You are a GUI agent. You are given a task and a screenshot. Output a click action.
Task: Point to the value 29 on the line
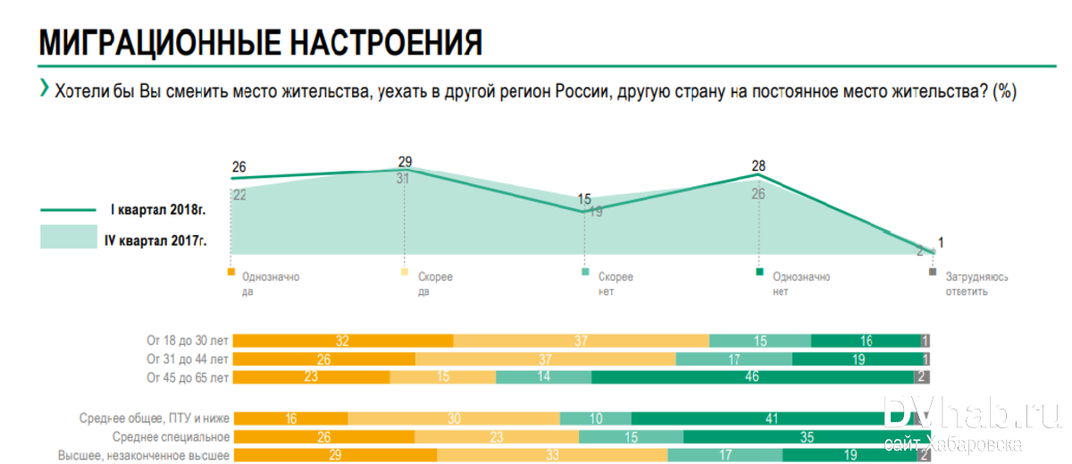point(405,162)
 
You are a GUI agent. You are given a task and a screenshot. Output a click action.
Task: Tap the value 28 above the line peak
point(758,165)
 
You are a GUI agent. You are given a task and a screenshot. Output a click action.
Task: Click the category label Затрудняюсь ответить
point(976,283)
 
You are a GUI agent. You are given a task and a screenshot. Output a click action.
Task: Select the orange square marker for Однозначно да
point(231,271)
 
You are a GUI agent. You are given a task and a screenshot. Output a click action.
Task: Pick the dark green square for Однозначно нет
point(758,271)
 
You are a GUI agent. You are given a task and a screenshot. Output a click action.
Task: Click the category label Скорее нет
point(615,283)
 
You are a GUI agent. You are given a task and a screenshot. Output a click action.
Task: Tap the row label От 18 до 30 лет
point(188,340)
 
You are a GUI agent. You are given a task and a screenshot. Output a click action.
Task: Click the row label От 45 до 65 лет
point(188,377)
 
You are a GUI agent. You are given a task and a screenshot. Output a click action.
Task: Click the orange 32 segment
point(342,340)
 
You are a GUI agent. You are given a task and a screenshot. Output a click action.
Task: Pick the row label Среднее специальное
point(172,437)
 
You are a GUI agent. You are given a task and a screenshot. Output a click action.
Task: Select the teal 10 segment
point(595,418)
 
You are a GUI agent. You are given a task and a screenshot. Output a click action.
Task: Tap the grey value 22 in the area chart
point(239,195)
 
